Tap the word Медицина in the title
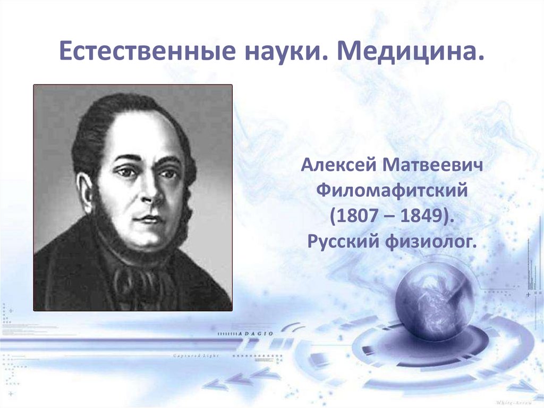click(410, 53)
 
